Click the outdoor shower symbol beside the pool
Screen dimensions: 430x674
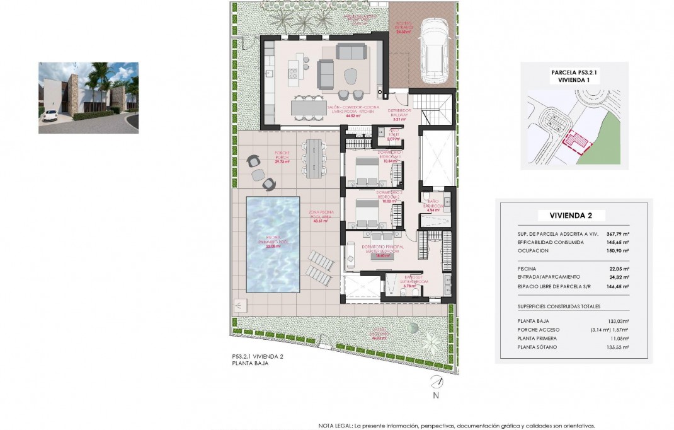(x=238, y=306)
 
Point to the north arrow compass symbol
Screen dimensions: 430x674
(x=435, y=382)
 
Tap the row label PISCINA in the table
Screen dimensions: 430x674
(x=528, y=268)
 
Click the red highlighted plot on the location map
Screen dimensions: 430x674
(x=576, y=142)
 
